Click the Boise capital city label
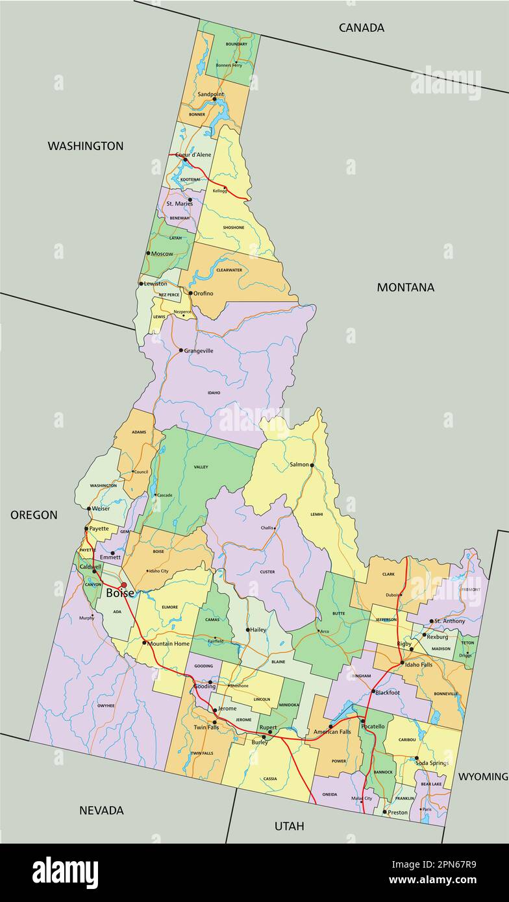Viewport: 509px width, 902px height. [x=120, y=593]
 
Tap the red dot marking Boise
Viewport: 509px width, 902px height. [x=123, y=585]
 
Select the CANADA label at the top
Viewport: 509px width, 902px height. [x=362, y=27]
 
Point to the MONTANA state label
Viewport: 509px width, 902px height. [x=406, y=287]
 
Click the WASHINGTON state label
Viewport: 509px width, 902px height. [x=85, y=146]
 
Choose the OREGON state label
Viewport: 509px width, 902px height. [x=34, y=515]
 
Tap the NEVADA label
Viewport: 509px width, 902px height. [x=101, y=810]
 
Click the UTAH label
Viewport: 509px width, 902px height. [x=289, y=826]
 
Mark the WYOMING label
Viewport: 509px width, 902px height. [x=483, y=776]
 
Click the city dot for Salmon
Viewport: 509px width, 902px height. [x=312, y=465]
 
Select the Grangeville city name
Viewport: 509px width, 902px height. [x=199, y=350]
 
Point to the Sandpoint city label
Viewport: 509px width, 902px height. [x=210, y=94]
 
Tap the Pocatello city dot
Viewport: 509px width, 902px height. [x=362, y=720]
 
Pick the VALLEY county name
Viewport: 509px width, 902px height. [x=201, y=467]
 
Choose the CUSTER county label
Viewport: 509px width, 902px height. [x=267, y=572]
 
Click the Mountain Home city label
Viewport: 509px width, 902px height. [x=168, y=643]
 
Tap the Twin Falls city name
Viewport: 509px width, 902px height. [x=206, y=727]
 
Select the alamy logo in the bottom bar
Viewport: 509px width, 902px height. [x=66, y=872]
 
